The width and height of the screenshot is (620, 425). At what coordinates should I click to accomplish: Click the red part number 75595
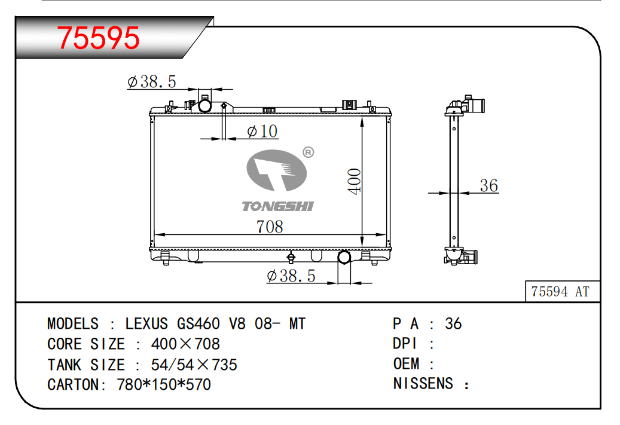[99, 38]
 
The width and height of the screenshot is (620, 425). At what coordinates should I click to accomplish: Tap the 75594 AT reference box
[562, 291]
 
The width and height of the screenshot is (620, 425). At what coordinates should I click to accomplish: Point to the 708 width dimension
[270, 227]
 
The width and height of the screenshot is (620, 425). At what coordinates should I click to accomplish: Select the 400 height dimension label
[355, 182]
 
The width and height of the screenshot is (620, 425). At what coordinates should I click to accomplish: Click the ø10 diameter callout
[262, 132]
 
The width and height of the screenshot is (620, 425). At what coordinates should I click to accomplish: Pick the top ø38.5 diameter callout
[151, 82]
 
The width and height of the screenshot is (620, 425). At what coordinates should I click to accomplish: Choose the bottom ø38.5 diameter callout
[291, 276]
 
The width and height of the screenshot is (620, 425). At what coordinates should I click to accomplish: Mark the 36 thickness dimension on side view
[488, 185]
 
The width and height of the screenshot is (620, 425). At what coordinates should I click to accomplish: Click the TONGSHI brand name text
[277, 206]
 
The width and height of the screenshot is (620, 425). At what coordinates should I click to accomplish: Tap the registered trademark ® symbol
[309, 152]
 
